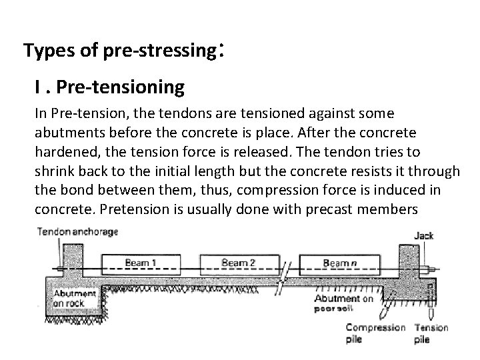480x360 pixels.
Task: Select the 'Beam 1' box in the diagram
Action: click(x=141, y=263)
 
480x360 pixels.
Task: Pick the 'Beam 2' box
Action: click(x=238, y=263)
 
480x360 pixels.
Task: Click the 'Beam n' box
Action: click(x=339, y=264)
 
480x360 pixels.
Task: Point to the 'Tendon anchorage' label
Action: click(x=77, y=232)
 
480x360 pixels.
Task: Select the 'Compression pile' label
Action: click(x=375, y=333)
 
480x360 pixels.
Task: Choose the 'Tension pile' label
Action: click(x=431, y=333)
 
